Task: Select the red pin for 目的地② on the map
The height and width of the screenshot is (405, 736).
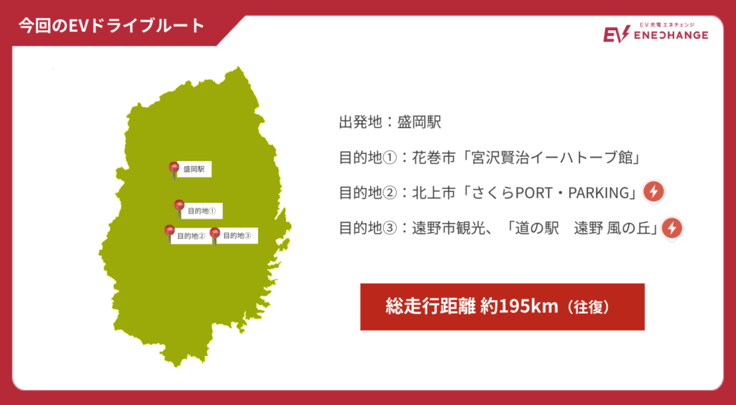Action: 170,233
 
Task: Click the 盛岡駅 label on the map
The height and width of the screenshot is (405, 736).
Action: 194,169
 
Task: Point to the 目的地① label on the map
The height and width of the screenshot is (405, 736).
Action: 202,211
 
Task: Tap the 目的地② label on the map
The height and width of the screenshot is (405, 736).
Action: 191,236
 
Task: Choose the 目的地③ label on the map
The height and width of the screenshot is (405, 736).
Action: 237,235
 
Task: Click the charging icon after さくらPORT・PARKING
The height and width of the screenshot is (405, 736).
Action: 653,192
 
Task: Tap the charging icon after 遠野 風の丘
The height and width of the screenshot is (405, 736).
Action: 672,228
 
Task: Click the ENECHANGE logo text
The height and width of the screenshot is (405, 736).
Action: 671,35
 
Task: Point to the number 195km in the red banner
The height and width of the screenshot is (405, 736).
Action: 528,306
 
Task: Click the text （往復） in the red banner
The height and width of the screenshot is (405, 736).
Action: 587,307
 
